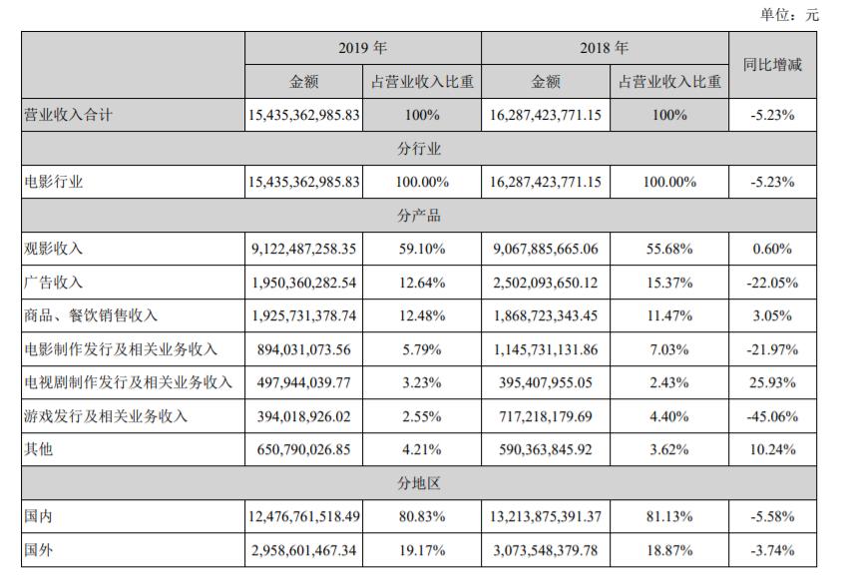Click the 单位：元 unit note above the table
(x=789, y=15)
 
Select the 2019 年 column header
(x=362, y=48)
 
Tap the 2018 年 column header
(x=604, y=48)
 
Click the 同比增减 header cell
(x=772, y=65)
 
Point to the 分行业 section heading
(x=419, y=149)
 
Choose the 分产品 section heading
(x=419, y=216)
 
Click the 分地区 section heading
(x=419, y=483)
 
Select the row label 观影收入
(x=53, y=249)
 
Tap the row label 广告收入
(x=53, y=283)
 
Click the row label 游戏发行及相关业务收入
(x=106, y=416)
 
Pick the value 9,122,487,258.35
(x=303, y=250)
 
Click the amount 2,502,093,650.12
(x=546, y=284)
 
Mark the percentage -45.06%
(x=772, y=417)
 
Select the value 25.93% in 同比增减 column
(x=772, y=383)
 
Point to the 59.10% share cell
(x=422, y=250)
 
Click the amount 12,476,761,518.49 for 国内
(x=303, y=517)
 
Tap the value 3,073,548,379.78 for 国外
(x=546, y=550)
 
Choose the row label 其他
(x=38, y=449)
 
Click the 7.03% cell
(x=669, y=349)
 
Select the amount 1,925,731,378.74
(x=303, y=315)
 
